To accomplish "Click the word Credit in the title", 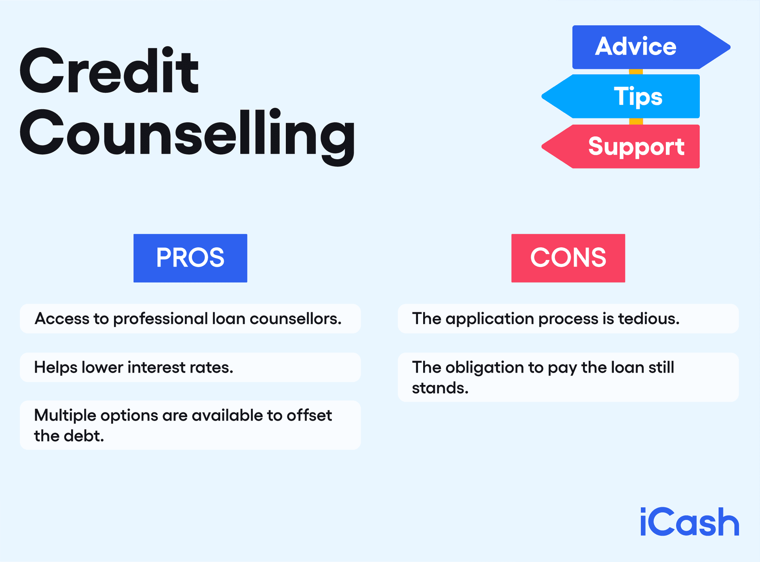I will point(109,71).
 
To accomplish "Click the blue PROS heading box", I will point(190,258).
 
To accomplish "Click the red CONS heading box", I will point(568,258).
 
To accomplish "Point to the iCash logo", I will point(689,522).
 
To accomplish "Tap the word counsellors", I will point(295,319).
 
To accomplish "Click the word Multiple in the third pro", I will point(65,415).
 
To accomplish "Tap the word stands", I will point(440,388).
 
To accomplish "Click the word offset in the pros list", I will point(309,415).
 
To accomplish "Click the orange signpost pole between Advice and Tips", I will point(636,72).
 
